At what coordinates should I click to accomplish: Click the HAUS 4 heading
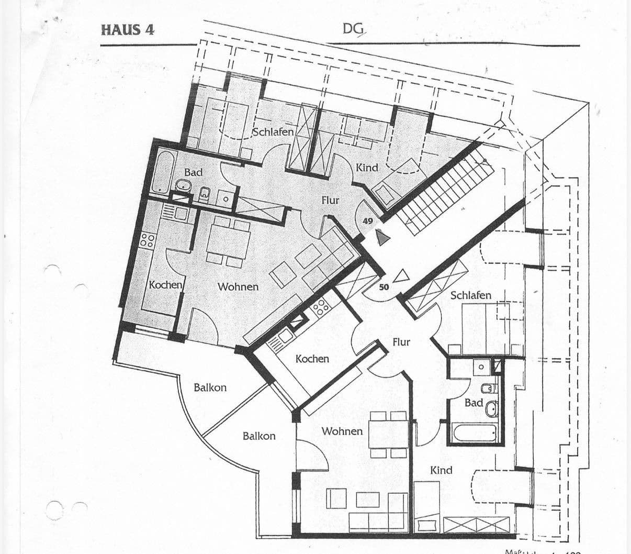coord(128,29)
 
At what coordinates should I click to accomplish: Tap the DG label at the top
coord(354,30)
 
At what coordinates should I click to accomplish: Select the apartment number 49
coord(368,221)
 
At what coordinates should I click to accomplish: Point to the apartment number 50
coord(384,287)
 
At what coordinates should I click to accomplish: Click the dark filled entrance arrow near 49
coord(384,238)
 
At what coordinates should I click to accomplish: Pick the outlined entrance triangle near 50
coord(401,276)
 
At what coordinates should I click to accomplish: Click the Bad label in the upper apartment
coord(193,172)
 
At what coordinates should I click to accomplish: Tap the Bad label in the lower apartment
coord(473,403)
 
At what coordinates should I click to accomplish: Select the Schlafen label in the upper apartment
coord(273,131)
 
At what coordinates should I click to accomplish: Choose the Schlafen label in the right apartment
coord(470,295)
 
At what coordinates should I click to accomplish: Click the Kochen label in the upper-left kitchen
coord(166,285)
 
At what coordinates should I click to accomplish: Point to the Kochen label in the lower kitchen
coord(312,359)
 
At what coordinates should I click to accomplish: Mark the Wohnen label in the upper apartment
coord(238,286)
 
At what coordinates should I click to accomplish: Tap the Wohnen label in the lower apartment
coord(342,431)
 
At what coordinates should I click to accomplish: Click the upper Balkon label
coord(210,387)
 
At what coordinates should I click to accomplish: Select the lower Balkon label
coord(259,436)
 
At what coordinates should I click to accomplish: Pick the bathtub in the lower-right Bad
coord(475,433)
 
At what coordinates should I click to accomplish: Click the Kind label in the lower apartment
coord(441,470)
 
